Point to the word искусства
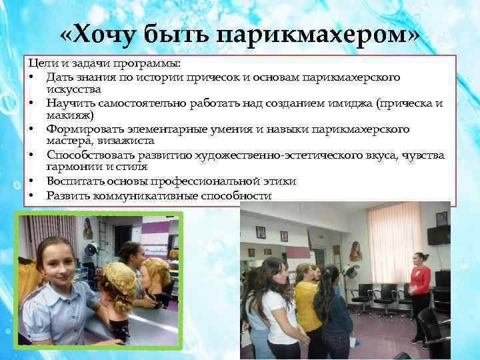click(74, 89)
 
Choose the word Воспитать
click(73, 181)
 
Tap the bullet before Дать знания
click(31, 78)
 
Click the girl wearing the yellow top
click(306, 313)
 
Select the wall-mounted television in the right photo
click(439, 235)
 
